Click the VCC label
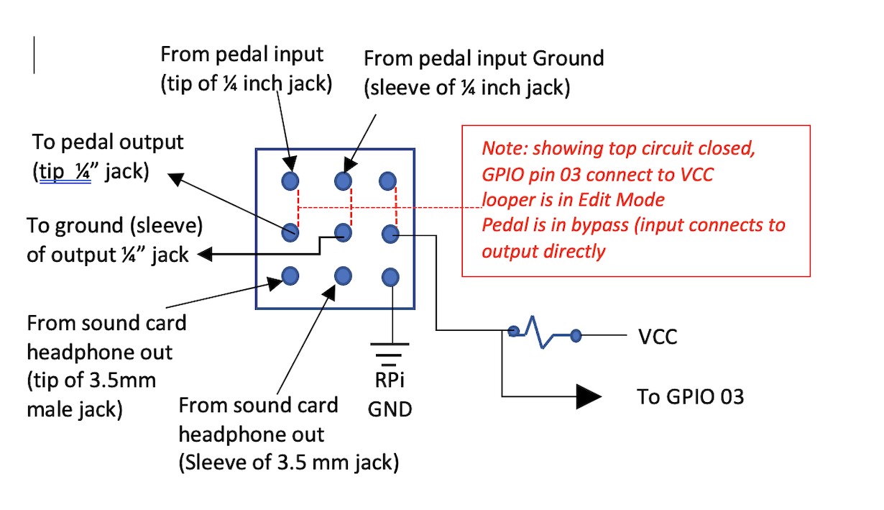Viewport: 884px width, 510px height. [658, 337]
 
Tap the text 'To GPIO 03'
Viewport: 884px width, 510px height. [690, 396]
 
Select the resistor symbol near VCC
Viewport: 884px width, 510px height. [544, 332]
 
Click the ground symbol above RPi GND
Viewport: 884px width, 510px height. [390, 355]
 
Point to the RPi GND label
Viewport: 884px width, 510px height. [390, 394]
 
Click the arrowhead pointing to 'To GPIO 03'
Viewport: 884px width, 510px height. [589, 396]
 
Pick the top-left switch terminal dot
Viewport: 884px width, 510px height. [290, 181]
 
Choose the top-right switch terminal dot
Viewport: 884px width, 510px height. [387, 181]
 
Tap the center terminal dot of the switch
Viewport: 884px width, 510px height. [343, 232]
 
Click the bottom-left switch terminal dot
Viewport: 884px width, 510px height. [290, 276]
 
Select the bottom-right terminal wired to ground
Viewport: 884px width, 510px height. [390, 278]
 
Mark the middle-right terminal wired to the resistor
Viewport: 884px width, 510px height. [390, 234]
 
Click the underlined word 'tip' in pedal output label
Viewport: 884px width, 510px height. [52, 172]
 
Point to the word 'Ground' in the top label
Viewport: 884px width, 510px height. [568, 58]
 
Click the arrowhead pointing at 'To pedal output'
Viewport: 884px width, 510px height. [176, 179]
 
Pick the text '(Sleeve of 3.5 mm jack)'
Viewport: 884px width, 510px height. [288, 463]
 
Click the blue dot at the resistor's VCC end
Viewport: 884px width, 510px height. [576, 336]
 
